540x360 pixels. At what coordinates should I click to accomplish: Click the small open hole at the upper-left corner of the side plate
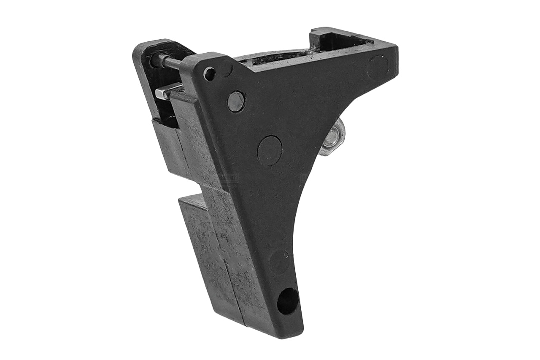[x=209, y=74]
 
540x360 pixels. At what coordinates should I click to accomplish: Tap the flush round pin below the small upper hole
[x=236, y=101]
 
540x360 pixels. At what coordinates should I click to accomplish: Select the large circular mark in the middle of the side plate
[x=270, y=150]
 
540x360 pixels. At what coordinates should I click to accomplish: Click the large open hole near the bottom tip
[x=288, y=301]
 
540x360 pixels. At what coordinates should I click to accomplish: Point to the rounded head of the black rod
[x=155, y=60]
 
